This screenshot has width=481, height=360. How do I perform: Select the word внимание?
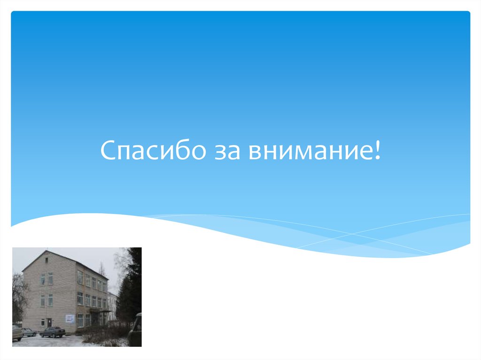click(x=310, y=152)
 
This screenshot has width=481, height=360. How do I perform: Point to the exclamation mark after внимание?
click(x=377, y=151)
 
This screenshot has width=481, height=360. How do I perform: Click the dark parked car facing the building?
click(x=52, y=332)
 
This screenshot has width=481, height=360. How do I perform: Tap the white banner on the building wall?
click(x=70, y=318)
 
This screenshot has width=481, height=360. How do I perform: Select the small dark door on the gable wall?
click(x=49, y=322)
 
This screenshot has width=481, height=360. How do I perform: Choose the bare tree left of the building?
click(x=19, y=296)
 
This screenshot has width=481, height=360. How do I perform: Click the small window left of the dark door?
click(x=42, y=322)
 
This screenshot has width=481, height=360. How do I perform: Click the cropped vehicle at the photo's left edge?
click(x=17, y=332)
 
